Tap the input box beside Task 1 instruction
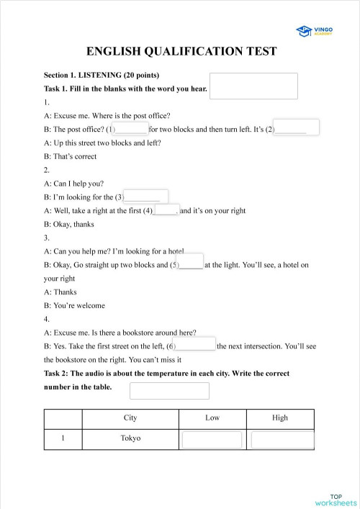pos(253,86)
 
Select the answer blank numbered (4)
pos(166,210)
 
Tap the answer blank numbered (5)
pos(190,263)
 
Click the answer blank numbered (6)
pos(195,345)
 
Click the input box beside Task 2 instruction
pos(169,390)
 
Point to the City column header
pos(130,418)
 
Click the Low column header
pos(212,418)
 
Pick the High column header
pos(280,418)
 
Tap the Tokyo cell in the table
pos(130,438)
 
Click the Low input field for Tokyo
pos(212,440)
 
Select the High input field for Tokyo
pos(282,440)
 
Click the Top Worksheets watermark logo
pos(336,499)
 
